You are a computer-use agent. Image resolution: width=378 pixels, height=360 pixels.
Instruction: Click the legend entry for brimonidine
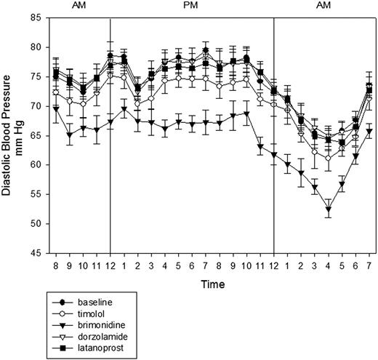pos(102,325)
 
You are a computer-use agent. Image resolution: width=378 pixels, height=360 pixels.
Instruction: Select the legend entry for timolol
pos(91,313)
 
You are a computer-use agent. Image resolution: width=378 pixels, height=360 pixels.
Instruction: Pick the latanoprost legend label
pos(100,348)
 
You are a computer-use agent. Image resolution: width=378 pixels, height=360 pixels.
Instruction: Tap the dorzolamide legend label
pos(102,337)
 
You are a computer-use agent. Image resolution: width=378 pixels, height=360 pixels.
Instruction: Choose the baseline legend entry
pos(95,303)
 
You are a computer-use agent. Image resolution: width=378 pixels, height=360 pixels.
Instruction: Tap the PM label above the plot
pos(190,5)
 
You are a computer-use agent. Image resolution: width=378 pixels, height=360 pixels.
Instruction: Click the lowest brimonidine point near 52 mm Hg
pos(329,209)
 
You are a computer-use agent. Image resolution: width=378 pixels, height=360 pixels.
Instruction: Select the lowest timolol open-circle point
pos(329,159)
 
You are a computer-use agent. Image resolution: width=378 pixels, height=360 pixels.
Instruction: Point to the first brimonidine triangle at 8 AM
pos(56,109)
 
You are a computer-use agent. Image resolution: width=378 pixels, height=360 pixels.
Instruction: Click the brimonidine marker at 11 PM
pos(260,147)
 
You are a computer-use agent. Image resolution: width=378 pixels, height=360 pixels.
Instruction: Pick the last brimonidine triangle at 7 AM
pos(369,131)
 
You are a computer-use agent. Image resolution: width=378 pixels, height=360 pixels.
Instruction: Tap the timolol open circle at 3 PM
pos(151,99)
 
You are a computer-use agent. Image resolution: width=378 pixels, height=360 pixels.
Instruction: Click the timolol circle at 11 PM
pos(260,99)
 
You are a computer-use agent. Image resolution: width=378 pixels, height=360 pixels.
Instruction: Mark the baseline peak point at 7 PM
pos(206,50)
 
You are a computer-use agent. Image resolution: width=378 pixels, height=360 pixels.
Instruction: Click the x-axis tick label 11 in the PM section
pos(260,266)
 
